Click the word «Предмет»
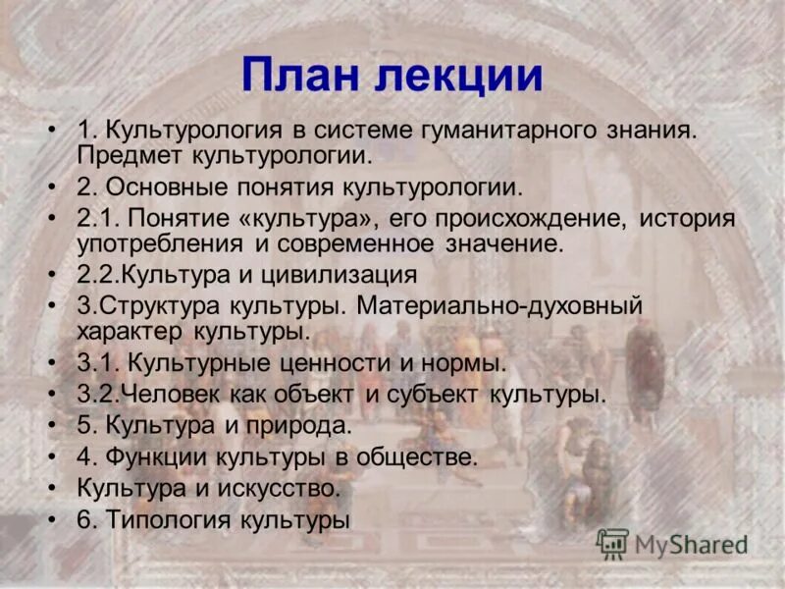pos(125,155)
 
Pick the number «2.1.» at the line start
pos(96,217)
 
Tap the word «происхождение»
pos(510,217)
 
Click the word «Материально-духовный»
pos(499,305)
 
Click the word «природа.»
pos(303,426)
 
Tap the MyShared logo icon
pos(612,543)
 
